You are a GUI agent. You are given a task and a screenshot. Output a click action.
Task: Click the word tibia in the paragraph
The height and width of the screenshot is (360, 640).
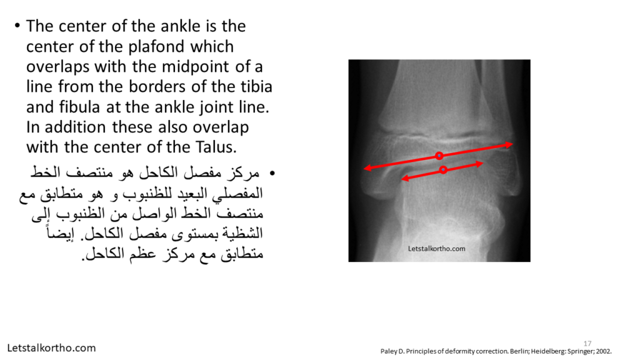256,86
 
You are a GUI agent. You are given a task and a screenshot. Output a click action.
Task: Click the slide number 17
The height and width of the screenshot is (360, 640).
587,343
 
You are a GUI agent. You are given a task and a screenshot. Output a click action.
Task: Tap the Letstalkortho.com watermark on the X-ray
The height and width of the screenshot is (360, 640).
437,249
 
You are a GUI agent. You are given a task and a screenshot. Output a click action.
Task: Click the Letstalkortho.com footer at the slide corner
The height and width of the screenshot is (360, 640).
51,348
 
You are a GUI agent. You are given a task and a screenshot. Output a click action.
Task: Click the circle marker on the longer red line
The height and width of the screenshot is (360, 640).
439,156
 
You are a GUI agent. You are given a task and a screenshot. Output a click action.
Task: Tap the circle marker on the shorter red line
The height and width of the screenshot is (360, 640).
443,169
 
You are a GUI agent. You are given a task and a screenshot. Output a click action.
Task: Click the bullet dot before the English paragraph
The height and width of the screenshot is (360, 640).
17,26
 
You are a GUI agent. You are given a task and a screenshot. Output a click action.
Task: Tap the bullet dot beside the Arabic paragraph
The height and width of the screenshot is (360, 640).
272,174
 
